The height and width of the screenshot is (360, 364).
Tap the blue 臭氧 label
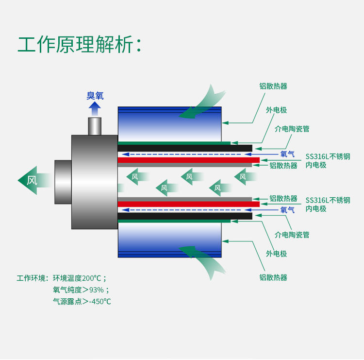coord(95,96)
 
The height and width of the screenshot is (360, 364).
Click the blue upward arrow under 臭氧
coord(95,108)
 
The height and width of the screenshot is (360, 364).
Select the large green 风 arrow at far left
coord(32,180)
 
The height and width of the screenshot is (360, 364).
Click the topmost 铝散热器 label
coord(273,86)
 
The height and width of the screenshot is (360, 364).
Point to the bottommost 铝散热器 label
coord(273,277)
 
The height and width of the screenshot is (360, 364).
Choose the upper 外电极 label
coord(276,110)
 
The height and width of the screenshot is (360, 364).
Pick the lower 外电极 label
coord(276,254)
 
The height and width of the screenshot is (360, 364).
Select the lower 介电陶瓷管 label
coord(292,235)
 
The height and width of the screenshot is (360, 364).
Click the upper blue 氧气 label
coord(288,154)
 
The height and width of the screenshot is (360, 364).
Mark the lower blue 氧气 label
coord(288,210)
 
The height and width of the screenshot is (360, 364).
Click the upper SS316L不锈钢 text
coord(328,156)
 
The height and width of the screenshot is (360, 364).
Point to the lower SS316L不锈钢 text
coord(328,200)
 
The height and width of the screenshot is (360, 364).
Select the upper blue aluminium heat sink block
coord(169,124)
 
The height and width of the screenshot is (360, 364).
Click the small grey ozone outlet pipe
coord(95,126)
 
